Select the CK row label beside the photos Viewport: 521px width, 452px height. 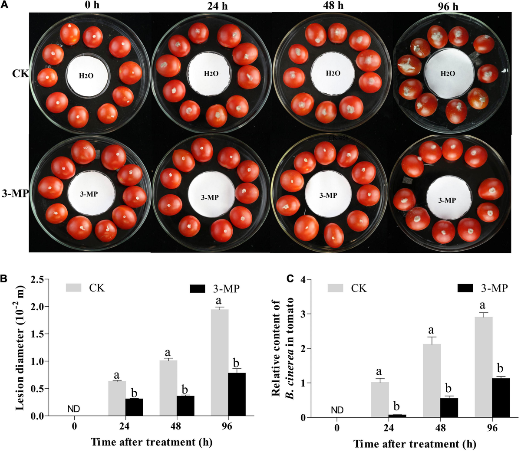click(x=20, y=74)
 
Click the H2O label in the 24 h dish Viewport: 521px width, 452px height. click(x=211, y=74)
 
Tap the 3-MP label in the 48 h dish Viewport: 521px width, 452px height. click(x=328, y=196)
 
